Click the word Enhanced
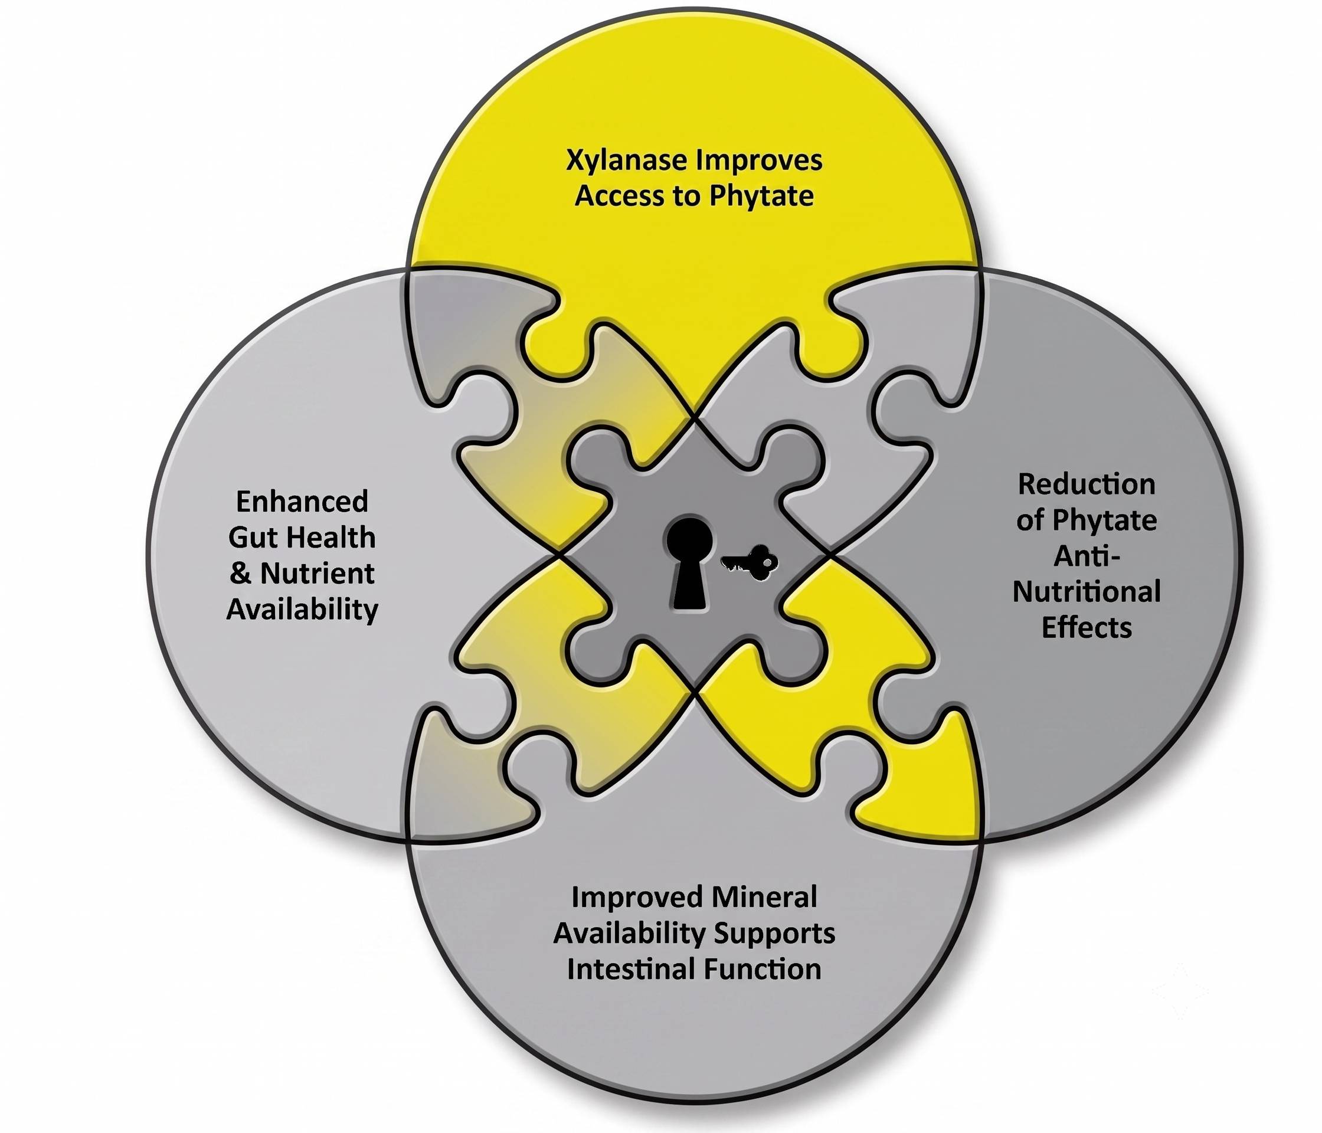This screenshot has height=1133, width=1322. (x=302, y=502)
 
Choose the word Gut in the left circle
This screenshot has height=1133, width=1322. (x=251, y=538)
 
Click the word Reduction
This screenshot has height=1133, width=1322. (x=1086, y=484)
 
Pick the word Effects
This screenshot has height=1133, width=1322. (x=1087, y=628)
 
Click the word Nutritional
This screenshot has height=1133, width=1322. (x=1086, y=592)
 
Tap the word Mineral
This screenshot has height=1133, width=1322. (x=764, y=898)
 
